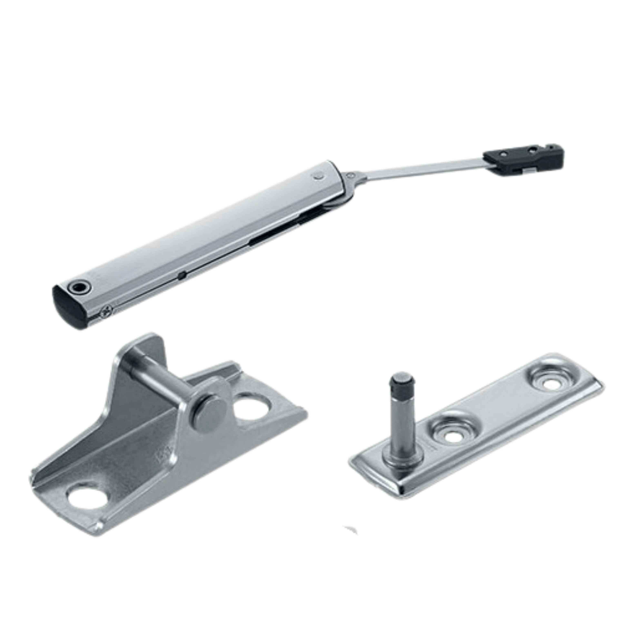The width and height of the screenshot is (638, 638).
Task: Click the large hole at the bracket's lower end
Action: [87, 498]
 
